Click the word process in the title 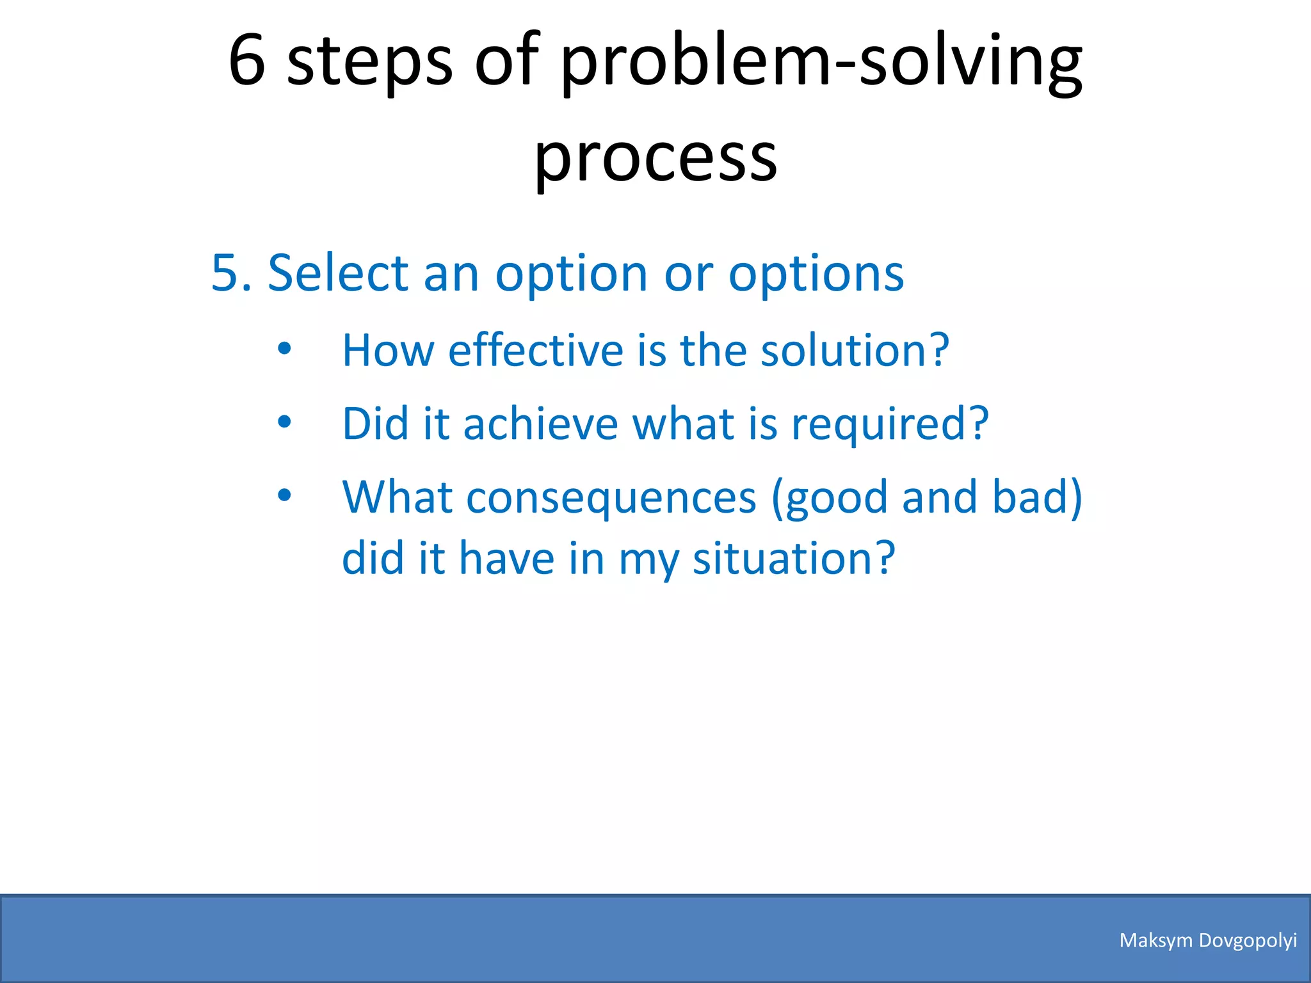[x=655, y=157]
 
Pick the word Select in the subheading [x=337, y=273]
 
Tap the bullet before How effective [x=284, y=349]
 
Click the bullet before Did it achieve [x=284, y=422]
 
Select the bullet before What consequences [x=284, y=495]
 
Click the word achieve [x=540, y=424]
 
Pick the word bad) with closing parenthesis [x=1037, y=498]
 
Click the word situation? [x=794, y=558]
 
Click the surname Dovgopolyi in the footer [x=1248, y=941]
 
